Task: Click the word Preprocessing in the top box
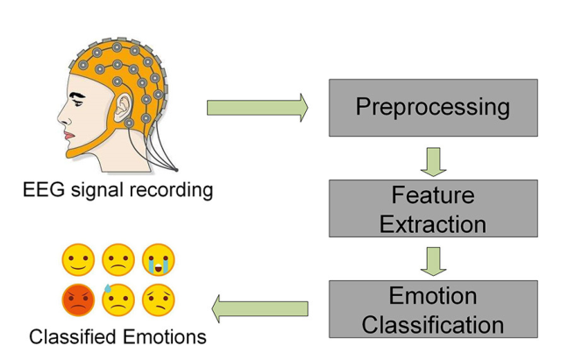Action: pos(433,107)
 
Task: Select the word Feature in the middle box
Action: pos(433,194)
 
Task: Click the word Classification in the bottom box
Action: pos(433,324)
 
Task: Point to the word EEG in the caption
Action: pos(44,189)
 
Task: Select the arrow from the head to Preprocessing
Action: pos(257,108)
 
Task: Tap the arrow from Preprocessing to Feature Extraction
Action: pos(433,160)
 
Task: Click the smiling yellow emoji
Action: pos(78,259)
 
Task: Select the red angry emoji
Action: pos(78,300)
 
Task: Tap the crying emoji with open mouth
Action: pos(158,259)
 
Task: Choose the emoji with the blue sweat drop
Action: pos(117,300)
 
